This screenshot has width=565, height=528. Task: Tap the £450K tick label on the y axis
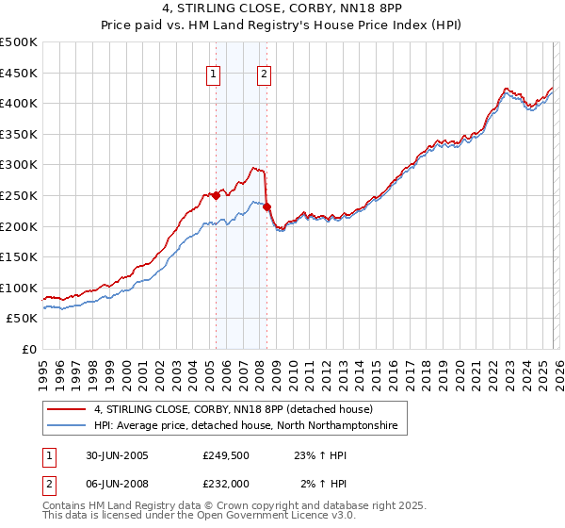pos(19,73)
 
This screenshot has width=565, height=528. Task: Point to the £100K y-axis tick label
pos(19,288)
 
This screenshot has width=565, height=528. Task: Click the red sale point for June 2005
pos(217,195)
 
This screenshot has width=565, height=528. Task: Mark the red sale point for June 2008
pos(266,206)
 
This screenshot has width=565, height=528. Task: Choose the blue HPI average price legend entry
pos(246,426)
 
